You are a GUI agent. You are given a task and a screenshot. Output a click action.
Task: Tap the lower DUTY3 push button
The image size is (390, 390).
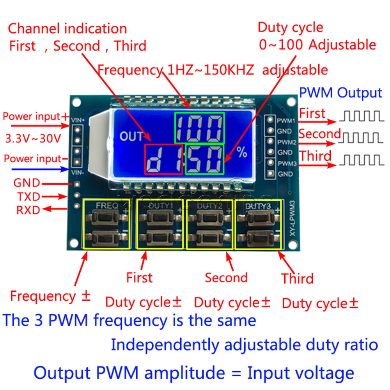point(258,237)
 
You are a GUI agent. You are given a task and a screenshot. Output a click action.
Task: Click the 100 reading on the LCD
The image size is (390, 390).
point(199,128)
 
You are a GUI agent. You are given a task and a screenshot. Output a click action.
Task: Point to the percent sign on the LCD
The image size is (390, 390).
point(242,152)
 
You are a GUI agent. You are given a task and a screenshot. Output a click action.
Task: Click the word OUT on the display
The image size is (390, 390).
point(131,136)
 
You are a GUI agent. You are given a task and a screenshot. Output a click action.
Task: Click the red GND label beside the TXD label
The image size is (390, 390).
point(27,183)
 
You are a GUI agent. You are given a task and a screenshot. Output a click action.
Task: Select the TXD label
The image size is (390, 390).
point(28,197)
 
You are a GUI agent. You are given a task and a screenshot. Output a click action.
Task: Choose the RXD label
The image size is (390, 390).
point(28,210)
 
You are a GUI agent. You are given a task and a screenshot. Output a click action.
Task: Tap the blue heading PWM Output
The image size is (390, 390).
point(340,93)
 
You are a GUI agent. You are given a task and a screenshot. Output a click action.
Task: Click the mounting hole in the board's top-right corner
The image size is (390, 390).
point(291,102)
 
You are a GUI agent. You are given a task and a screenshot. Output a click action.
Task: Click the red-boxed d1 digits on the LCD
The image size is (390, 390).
point(164,160)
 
